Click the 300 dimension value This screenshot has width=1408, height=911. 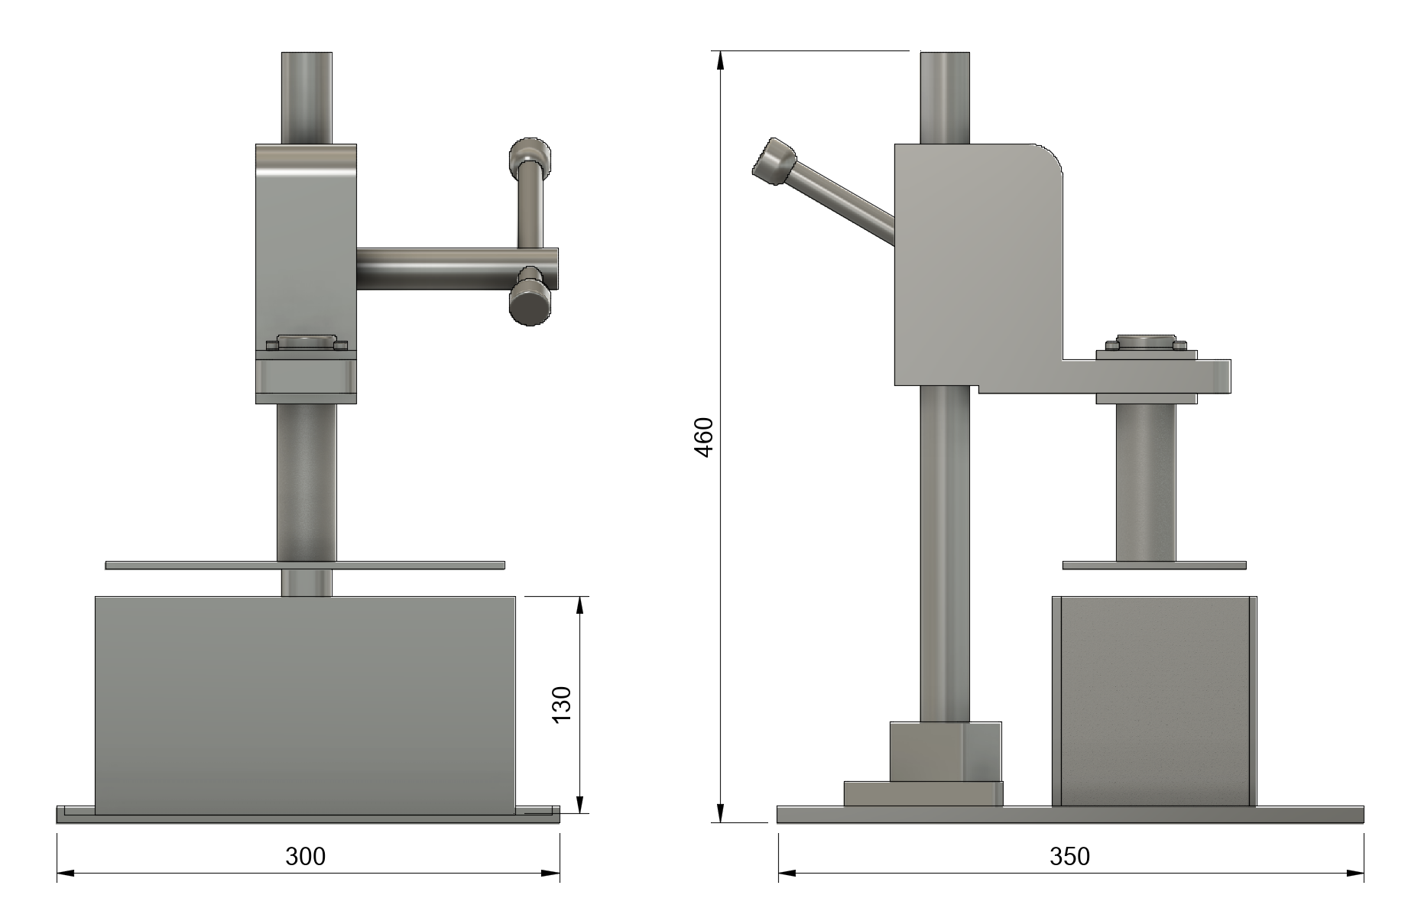306,857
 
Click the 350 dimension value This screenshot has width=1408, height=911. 1069,857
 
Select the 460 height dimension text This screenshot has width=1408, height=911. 704,437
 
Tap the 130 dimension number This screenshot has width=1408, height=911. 562,705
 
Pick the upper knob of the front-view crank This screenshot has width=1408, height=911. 530,156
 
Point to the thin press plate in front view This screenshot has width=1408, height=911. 304,566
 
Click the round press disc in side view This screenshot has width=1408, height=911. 1153,566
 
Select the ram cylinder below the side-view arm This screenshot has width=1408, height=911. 1145,481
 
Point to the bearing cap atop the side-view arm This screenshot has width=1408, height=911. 1145,342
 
